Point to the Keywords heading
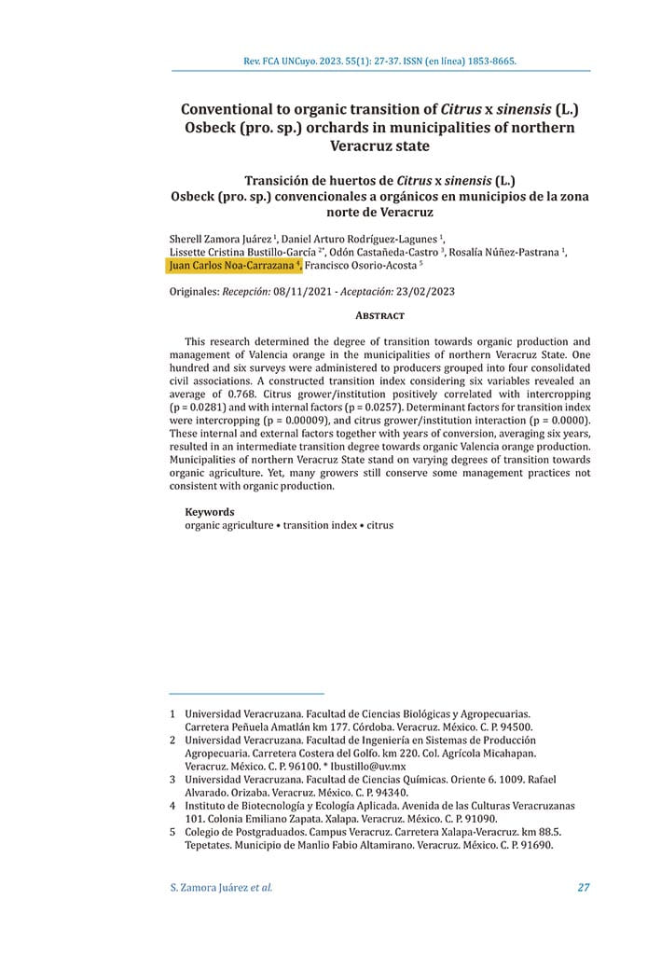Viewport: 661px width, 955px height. pos(209,512)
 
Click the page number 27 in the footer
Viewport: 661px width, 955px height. pos(584,887)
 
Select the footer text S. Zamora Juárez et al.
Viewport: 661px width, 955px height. pos(221,887)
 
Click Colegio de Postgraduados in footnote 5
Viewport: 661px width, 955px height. pos(243,832)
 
